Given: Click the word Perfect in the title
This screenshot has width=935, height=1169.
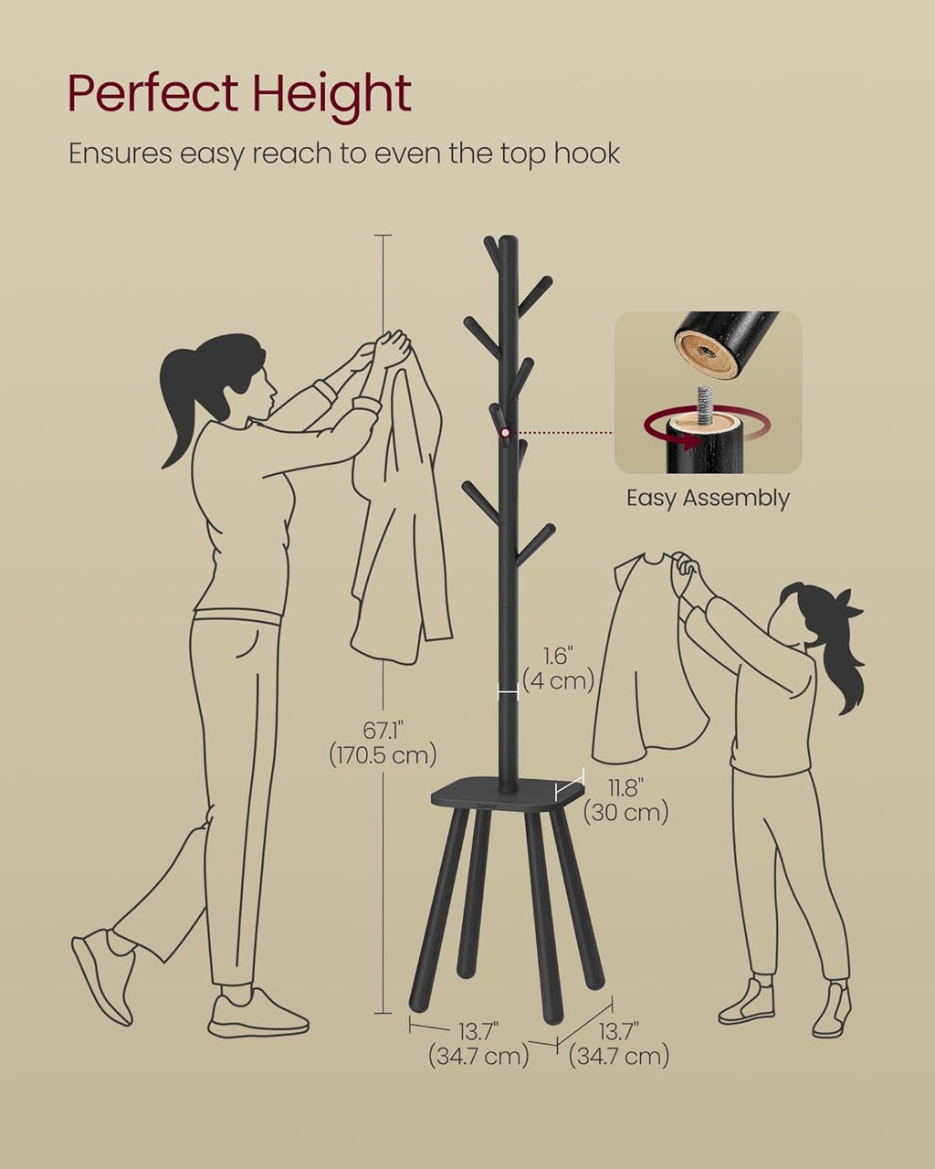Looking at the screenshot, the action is (x=152, y=93).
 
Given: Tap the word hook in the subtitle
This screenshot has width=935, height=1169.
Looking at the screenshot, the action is (x=587, y=153).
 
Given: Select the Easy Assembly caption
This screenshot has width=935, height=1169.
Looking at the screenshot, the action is (x=708, y=498).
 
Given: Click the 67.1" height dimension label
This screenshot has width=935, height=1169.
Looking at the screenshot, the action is (x=383, y=731).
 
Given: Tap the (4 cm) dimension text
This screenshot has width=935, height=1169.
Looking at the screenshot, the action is (x=559, y=680).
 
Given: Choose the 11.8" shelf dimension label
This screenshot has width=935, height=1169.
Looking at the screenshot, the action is (x=626, y=788).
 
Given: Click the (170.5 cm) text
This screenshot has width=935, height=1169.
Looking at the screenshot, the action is (x=383, y=755).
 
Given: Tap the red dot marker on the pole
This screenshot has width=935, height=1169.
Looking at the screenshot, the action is (x=506, y=432).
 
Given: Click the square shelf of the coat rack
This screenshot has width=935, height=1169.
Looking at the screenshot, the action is (x=508, y=795).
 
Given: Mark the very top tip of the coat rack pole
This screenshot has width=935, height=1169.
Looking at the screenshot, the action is (x=508, y=237).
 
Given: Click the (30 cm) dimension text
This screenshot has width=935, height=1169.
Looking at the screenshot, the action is (x=625, y=813).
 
